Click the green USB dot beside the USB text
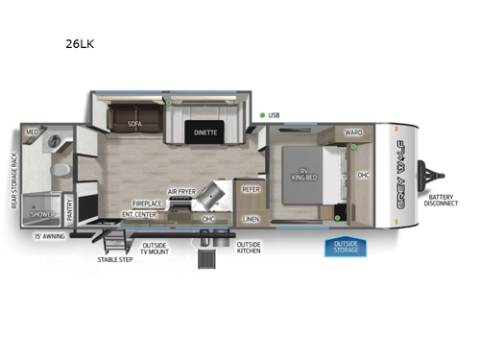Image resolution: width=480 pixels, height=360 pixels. pos(262,115)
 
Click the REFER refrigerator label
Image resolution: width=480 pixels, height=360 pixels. pos(252,189)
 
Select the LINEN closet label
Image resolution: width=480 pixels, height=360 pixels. pos(251,219)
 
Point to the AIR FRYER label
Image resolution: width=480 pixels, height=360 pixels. pos(181,192)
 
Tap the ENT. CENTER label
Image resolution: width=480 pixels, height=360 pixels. pos(138,214)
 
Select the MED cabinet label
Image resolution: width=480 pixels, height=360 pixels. pos(32,132)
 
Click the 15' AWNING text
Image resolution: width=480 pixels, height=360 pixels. pos(49,235)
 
